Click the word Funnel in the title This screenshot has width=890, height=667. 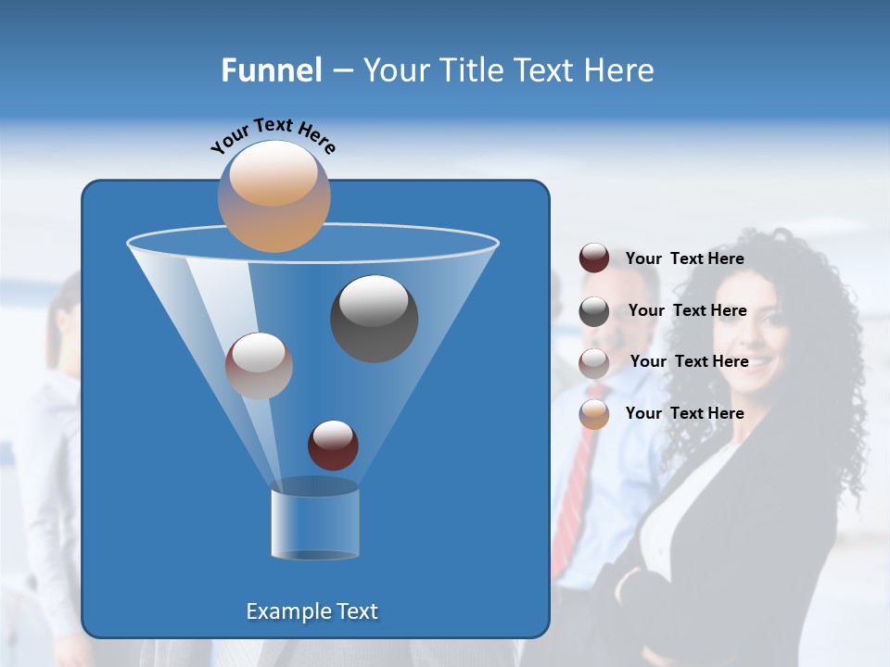click(272, 70)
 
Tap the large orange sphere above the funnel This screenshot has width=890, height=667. click(273, 195)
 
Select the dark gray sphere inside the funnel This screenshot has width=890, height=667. click(374, 319)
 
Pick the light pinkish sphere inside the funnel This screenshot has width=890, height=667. click(259, 366)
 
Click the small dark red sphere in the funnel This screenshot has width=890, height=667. click(333, 445)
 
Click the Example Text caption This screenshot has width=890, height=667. click(311, 611)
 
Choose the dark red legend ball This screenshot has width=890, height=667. click(594, 258)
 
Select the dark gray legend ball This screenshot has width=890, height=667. click(594, 311)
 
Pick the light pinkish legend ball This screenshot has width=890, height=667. click(594, 363)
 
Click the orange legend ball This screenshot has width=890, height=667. click(594, 414)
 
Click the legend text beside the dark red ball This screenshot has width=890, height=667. click(684, 259)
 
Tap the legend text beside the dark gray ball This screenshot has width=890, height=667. click(687, 311)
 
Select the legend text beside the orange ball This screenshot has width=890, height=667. click(684, 413)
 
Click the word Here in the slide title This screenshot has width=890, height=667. click(620, 70)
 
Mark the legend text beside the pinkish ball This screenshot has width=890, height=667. click(689, 361)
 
